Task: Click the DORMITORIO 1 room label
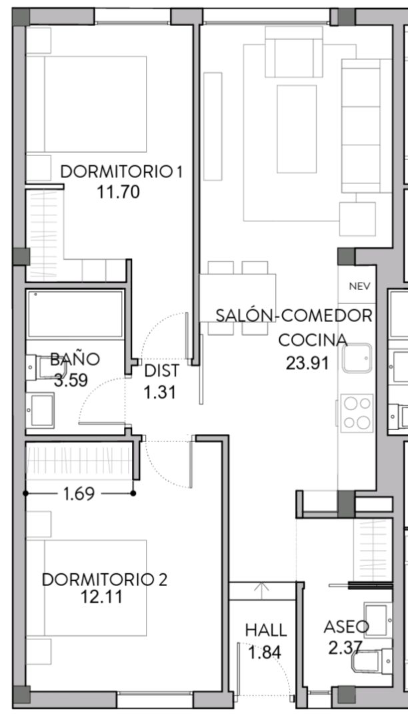[x=121, y=171]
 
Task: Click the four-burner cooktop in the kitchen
[x=357, y=413]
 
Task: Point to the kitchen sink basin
[x=356, y=359]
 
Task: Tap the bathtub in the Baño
[x=75, y=314]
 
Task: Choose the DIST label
[x=161, y=371]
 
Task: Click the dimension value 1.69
[x=79, y=494]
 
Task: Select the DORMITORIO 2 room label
[x=105, y=579]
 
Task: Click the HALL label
[x=265, y=630]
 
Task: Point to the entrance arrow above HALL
[x=263, y=589]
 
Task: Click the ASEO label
[x=345, y=627]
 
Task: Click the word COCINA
[x=313, y=340]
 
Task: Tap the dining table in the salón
[x=237, y=298]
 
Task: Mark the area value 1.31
[x=160, y=392]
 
